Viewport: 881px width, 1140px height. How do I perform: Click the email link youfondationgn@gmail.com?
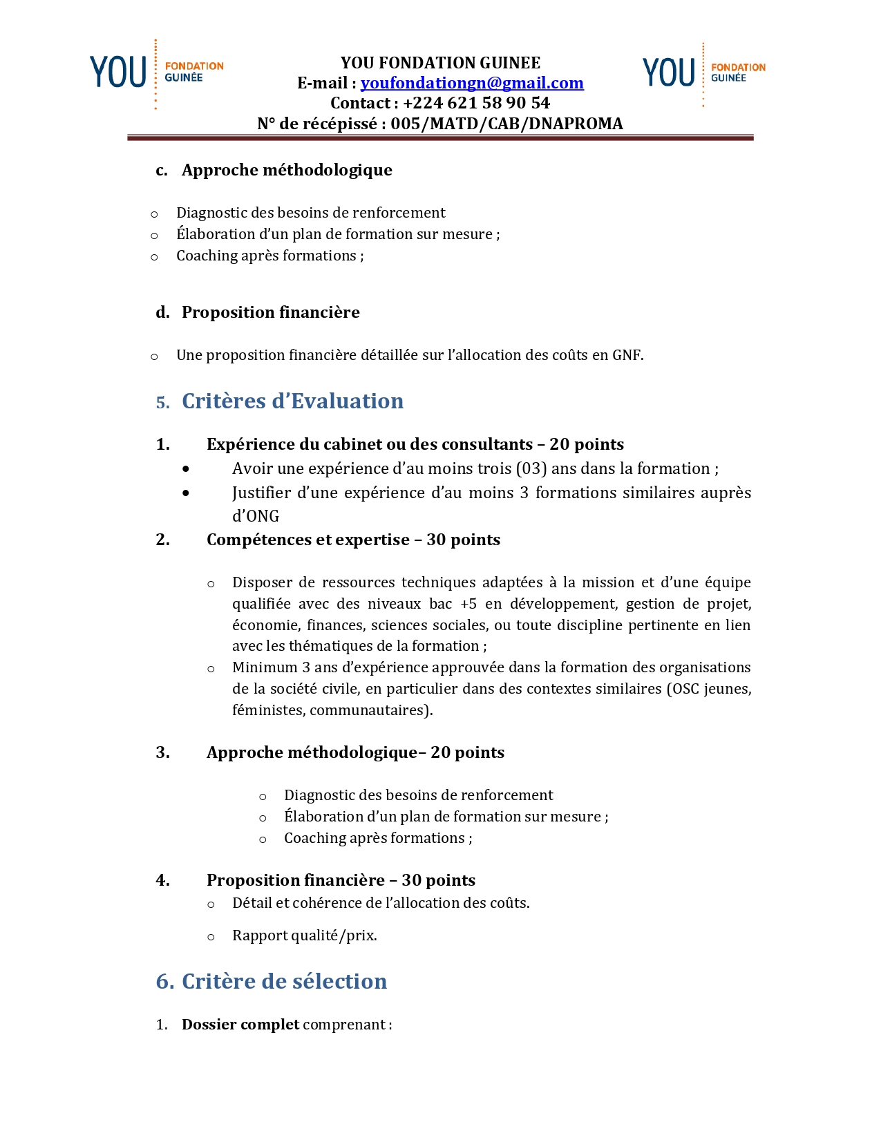pyautogui.click(x=472, y=83)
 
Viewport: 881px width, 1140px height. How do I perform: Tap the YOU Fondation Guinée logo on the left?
pyautogui.click(x=156, y=73)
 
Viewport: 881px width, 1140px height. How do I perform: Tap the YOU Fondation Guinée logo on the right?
pyautogui.click(x=703, y=73)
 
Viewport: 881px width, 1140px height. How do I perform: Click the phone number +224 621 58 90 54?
pyautogui.click(x=476, y=103)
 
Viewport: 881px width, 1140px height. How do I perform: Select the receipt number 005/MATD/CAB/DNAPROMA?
pyautogui.click(x=506, y=123)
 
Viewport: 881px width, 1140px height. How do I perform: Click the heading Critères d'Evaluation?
pyautogui.click(x=292, y=401)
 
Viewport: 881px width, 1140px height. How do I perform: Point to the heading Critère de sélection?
pyautogui.click(x=284, y=981)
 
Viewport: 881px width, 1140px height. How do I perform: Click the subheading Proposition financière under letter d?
pyautogui.click(x=270, y=312)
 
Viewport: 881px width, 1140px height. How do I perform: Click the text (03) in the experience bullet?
pyautogui.click(x=531, y=468)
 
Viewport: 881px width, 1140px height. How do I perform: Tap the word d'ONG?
pyautogui.click(x=256, y=516)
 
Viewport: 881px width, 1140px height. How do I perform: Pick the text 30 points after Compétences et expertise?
pyautogui.click(x=463, y=540)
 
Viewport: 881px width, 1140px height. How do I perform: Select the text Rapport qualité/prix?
pyautogui.click(x=304, y=935)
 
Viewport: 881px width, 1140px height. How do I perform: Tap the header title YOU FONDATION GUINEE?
pyautogui.click(x=440, y=63)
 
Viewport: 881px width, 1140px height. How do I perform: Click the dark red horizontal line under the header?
pyautogui.click(x=440, y=138)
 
